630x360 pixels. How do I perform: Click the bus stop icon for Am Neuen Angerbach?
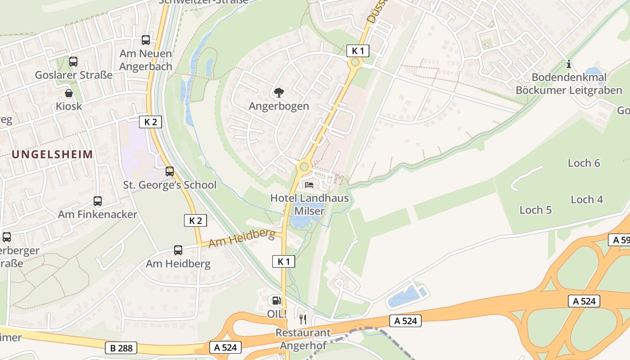coord(146,40)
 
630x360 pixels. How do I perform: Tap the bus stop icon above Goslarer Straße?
coord(73,61)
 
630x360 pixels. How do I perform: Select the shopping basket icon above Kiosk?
coord(69,93)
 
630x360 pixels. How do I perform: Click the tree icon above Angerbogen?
coord(279,93)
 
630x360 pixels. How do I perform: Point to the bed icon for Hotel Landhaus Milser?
coord(309,184)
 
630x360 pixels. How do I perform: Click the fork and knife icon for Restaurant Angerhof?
coord(303,319)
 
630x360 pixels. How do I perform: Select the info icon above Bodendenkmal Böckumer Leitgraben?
coord(569,64)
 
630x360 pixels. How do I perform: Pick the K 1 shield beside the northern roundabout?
coord(358,51)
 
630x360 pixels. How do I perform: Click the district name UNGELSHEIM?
coord(52,154)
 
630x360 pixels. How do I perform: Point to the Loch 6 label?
coord(584,163)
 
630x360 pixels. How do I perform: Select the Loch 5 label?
coord(535,210)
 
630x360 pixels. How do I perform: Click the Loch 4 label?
coord(587,199)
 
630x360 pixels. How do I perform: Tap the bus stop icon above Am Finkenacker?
coord(98,201)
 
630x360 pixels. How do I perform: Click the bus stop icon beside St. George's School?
coord(170,171)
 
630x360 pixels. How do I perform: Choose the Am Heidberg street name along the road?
coord(242,238)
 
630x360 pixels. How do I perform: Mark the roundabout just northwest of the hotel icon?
coord(304,167)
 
